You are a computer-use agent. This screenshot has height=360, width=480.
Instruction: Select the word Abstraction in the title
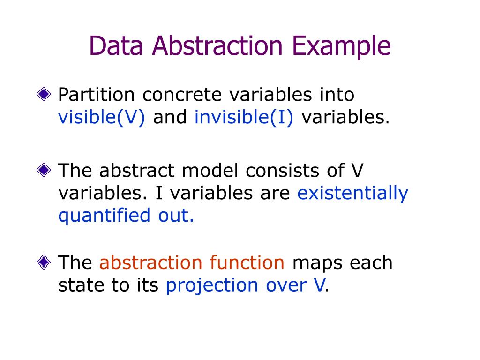pos(217,46)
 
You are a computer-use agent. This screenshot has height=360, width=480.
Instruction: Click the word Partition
pos(96,95)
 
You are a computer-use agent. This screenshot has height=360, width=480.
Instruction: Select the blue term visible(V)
pos(102,118)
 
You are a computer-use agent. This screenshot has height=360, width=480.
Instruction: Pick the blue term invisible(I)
pos(244,118)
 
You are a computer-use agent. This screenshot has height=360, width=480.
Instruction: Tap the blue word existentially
pos(352,194)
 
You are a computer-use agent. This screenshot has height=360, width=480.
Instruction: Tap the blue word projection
pos(210,285)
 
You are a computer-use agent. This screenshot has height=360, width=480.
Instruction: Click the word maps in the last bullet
pos(317,262)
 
